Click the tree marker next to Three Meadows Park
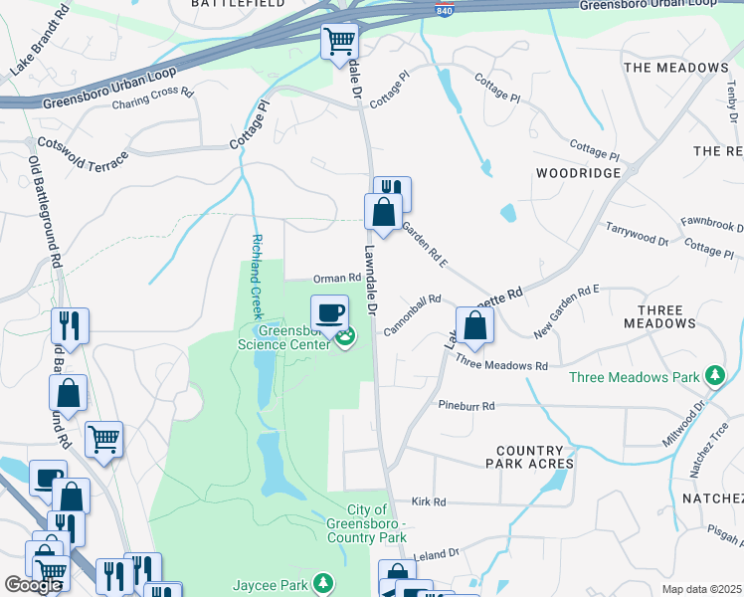click(x=713, y=376)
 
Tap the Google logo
click(x=33, y=585)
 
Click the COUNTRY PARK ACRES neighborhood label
click(x=529, y=457)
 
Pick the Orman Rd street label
click(x=336, y=279)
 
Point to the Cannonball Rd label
click(x=412, y=313)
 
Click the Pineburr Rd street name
click(x=466, y=406)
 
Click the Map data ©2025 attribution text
click(x=701, y=589)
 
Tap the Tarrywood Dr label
click(x=637, y=234)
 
